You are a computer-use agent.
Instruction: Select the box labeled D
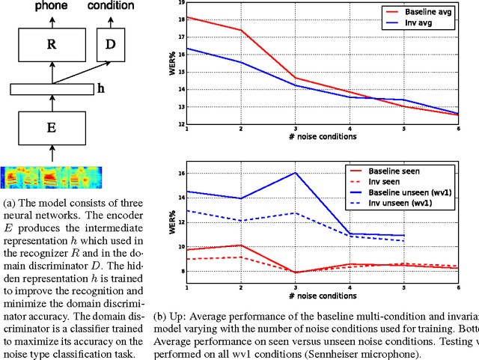point(110,45)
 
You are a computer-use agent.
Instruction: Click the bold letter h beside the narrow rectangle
point(101,89)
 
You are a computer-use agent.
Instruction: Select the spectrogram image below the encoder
point(52,177)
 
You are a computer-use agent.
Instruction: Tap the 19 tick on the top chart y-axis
point(180,3)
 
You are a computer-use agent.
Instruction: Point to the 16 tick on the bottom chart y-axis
point(180,174)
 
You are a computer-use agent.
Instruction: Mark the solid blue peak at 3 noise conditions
point(296,173)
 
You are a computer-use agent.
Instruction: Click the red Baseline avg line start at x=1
point(187,16)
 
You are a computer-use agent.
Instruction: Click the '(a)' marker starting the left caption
point(9,203)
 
